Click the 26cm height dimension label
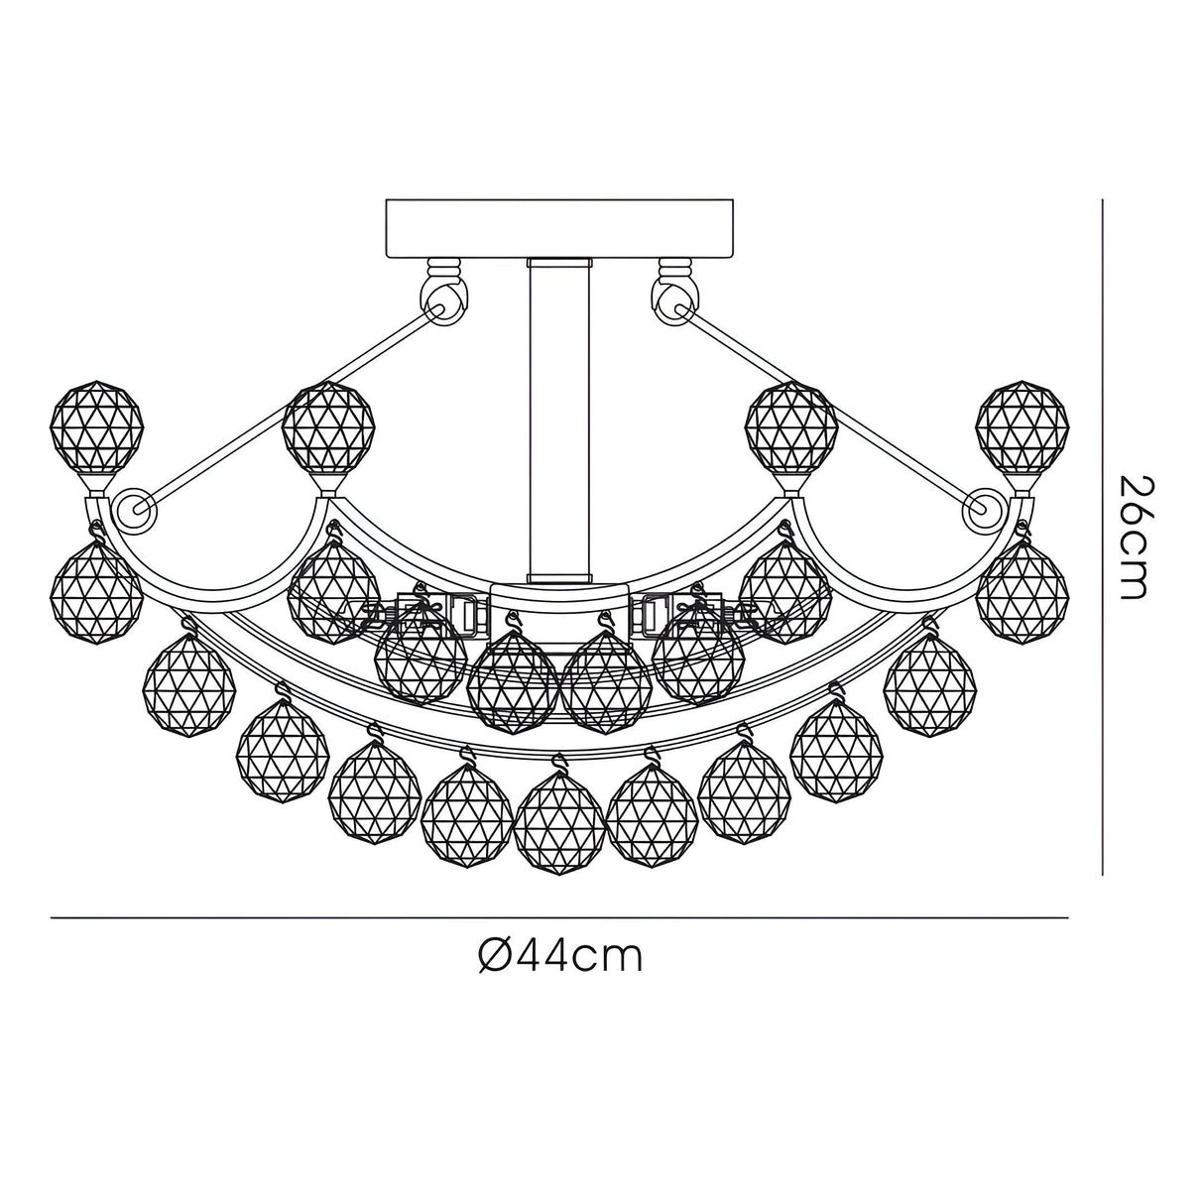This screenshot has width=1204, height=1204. pos(1133,537)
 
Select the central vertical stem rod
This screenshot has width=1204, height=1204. pos(560,417)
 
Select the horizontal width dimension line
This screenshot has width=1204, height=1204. pos(560,918)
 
